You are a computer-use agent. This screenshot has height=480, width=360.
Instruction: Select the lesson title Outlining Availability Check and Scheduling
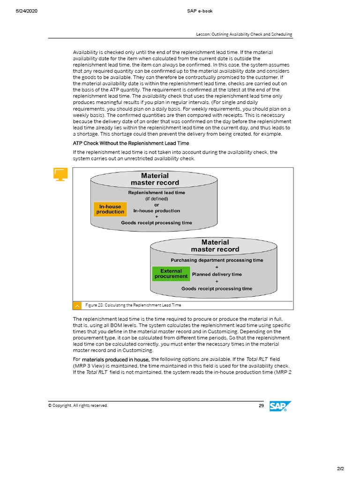[x=244, y=34]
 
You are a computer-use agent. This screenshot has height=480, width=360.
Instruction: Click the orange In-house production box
[x=110, y=209]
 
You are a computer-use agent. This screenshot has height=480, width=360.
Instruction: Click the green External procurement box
[x=171, y=274]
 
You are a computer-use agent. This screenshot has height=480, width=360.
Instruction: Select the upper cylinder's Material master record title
[x=154, y=179]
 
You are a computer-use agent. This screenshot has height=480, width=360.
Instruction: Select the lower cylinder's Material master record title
[x=215, y=246]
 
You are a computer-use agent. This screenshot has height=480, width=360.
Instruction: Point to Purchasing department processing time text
[x=217, y=260]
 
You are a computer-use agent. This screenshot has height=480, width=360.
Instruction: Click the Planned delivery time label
[x=217, y=274]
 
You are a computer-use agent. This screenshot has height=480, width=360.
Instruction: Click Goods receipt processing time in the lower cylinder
[x=217, y=289]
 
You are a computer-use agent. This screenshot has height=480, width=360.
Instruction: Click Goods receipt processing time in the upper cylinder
[x=157, y=223]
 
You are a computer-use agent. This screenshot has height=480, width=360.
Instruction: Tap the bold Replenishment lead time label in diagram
[x=157, y=193]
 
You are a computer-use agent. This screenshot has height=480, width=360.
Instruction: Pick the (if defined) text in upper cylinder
[x=157, y=199]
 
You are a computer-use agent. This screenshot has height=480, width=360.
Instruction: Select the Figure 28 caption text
[x=133, y=305]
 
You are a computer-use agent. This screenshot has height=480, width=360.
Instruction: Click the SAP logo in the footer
[x=280, y=407]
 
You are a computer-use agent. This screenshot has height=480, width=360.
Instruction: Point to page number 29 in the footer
[x=261, y=405]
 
